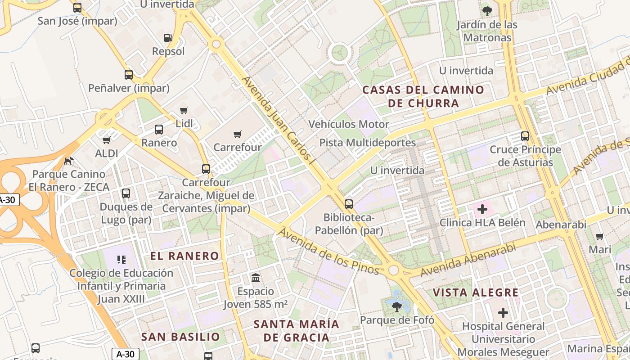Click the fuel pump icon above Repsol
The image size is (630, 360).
point(168,38)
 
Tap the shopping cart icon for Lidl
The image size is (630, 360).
point(184,110)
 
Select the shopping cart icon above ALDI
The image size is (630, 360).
point(106,140)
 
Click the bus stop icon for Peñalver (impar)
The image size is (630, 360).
point(129,75)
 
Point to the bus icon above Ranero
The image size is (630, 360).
point(159,130)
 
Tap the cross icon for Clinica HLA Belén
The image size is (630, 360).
point(482,209)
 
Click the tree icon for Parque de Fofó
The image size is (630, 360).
point(396,306)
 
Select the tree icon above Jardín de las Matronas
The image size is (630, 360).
point(486,11)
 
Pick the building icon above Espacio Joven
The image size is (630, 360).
point(256,278)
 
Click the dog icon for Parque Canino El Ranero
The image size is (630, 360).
point(68,160)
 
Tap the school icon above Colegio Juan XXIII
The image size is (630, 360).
point(121,259)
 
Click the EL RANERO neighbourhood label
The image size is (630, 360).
point(184,256)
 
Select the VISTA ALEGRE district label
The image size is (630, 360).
point(476,292)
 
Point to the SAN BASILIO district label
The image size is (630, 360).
point(180,337)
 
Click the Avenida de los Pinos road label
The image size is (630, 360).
point(328,251)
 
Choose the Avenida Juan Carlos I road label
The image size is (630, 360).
point(277,119)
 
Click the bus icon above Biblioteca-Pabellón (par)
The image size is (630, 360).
point(348,204)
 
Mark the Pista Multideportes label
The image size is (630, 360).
point(367,143)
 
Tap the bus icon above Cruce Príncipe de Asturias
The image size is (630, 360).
point(525,136)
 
